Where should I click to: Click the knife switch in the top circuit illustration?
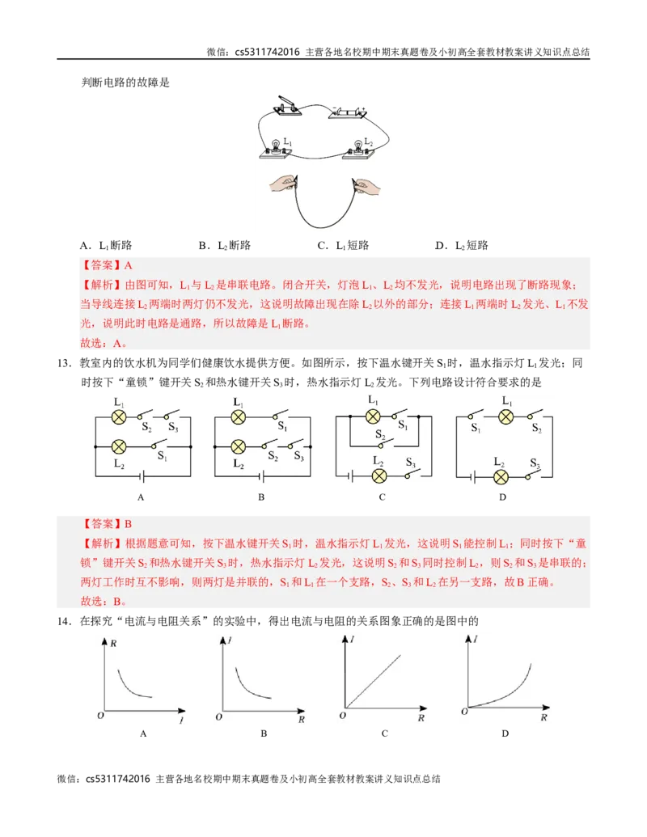285,108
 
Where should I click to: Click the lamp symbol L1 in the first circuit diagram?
119,416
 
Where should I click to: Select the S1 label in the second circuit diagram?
282,426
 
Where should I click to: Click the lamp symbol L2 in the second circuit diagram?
238,446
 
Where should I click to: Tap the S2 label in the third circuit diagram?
380,434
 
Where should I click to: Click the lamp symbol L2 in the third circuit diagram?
378,476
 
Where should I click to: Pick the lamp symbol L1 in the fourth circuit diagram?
506,416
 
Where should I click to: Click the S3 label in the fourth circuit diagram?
535,463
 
